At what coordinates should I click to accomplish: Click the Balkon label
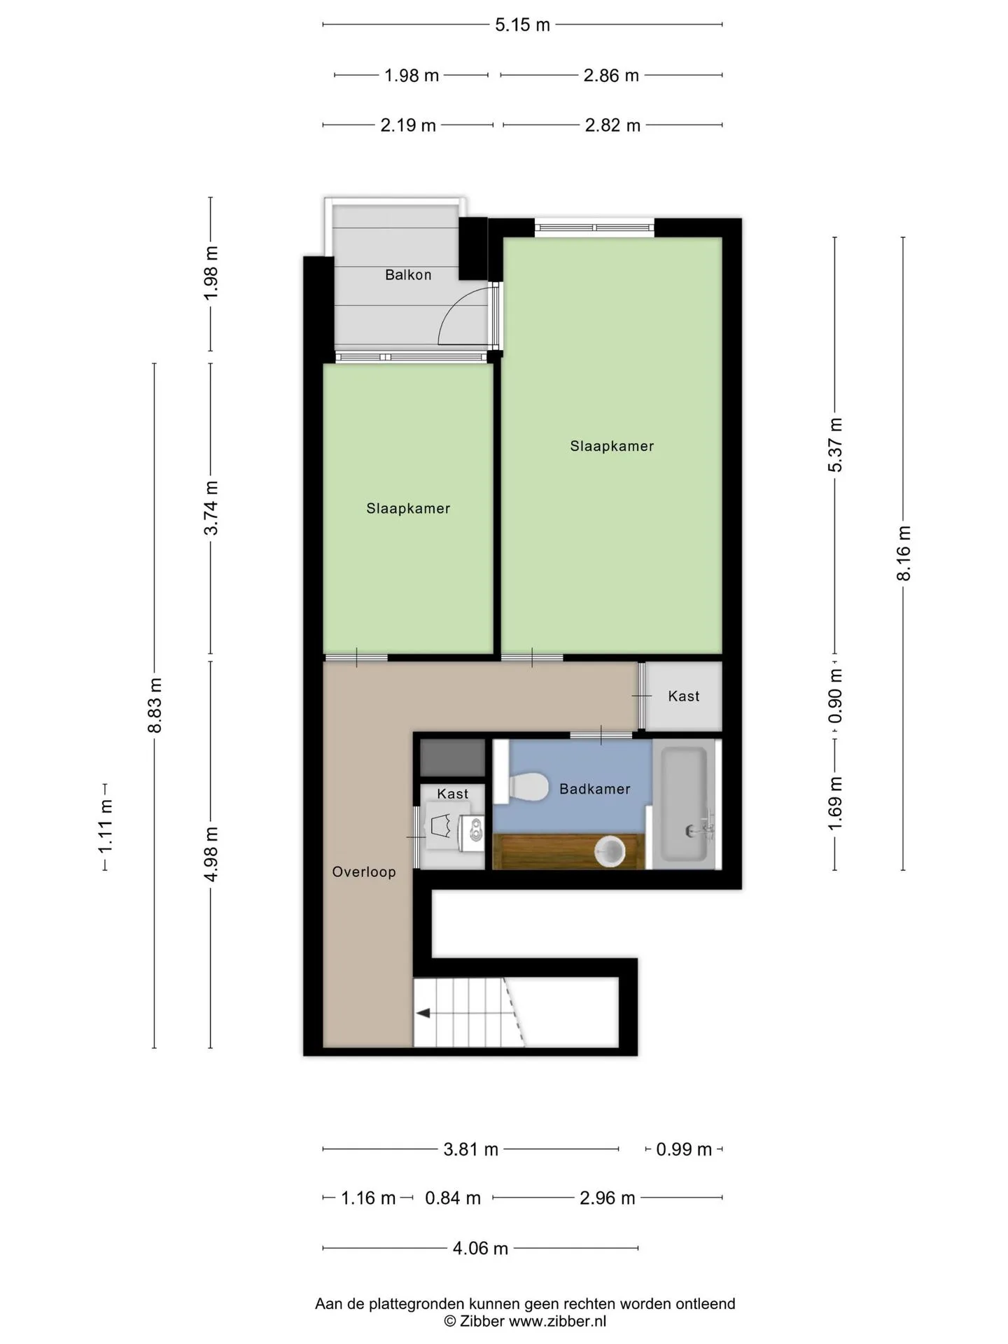pos(408,275)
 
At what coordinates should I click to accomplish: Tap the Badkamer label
pos(595,789)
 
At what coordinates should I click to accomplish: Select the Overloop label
pos(364,871)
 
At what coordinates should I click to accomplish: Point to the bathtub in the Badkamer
pos(685,805)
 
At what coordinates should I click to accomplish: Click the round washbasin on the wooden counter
pos(610,851)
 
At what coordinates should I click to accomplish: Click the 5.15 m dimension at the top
pos(522,25)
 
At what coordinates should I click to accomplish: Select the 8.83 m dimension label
pos(155,706)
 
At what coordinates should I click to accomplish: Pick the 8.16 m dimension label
pos(904,553)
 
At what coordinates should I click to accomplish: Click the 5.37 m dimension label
pos(835,445)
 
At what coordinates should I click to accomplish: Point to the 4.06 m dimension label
pos(480,1248)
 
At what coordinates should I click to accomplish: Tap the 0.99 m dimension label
pos(684,1149)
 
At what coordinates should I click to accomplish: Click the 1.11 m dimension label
pos(106,827)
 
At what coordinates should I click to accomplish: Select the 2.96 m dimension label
pos(607,1198)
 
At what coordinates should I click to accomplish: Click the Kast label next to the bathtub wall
pos(684,696)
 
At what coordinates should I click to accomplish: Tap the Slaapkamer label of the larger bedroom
pos(612,446)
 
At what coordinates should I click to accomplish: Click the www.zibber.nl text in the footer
pos(557,1322)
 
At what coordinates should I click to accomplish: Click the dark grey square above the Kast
pos(452,758)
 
